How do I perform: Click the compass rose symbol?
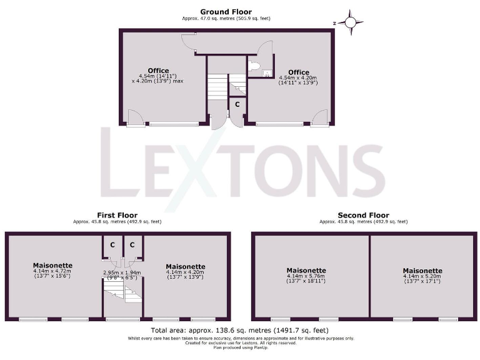pyautogui.click(x=351, y=23)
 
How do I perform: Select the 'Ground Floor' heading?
pyautogui.click(x=226, y=11)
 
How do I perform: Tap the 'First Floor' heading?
pyautogui.click(x=117, y=215)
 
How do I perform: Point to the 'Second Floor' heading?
pyautogui.click(x=363, y=215)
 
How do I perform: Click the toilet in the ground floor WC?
pyautogui.click(x=254, y=66)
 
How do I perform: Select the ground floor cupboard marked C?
pyautogui.click(x=237, y=105)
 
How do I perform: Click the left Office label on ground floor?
pyautogui.click(x=158, y=70)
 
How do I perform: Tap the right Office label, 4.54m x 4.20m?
pyautogui.click(x=298, y=72)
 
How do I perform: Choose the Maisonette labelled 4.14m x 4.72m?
pyautogui.click(x=52, y=265)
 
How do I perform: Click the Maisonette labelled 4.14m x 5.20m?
pyautogui.click(x=422, y=270)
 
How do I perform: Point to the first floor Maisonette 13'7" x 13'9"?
pyautogui.click(x=185, y=266)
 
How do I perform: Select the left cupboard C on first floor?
pyautogui.click(x=112, y=245)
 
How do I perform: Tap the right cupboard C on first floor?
pyautogui.click(x=132, y=245)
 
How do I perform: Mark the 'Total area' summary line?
pyautogui.click(x=240, y=329)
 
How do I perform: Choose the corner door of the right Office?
pyautogui.click(x=319, y=117)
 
